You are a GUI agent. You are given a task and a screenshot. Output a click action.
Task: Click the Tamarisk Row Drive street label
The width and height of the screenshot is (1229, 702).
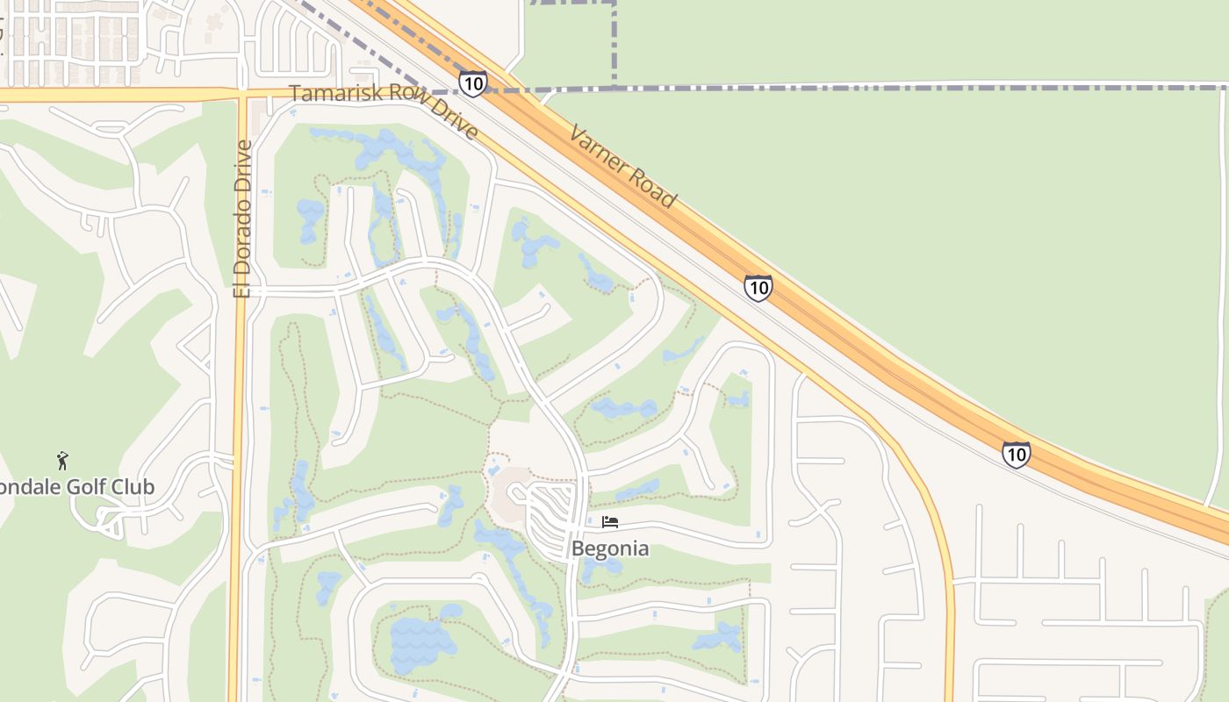pos(385,111)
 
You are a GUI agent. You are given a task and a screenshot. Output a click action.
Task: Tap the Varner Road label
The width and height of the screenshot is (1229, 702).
pos(622,167)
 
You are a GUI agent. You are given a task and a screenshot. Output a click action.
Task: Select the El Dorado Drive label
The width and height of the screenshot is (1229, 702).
pos(243,218)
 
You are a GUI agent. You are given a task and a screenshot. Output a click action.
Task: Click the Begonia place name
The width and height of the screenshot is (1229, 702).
pos(610,549)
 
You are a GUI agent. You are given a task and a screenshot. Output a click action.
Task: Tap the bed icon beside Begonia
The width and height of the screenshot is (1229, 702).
pos(610,523)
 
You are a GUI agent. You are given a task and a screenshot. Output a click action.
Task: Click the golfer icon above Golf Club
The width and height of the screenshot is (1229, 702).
pos(61,461)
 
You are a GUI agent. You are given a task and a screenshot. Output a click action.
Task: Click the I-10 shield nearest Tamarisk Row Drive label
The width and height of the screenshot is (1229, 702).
pos(472,83)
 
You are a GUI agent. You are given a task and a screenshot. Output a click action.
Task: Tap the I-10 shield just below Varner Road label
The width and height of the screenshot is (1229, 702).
pos(758,288)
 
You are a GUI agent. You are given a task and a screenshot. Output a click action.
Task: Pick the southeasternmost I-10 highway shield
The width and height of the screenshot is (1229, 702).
pos(1016,454)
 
